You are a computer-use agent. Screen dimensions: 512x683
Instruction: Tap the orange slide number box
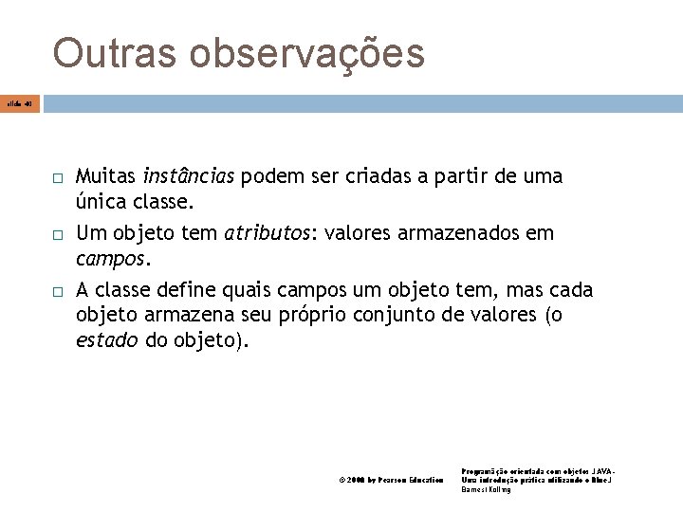tap(20, 101)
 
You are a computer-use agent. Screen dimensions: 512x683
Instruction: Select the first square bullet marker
tap(56, 178)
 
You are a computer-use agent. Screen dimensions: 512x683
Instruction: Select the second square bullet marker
tap(56, 234)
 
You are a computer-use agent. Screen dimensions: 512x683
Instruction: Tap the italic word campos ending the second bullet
tap(111, 258)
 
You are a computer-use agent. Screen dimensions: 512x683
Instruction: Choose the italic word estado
tap(107, 341)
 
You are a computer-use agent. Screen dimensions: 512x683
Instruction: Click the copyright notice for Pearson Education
tap(391, 481)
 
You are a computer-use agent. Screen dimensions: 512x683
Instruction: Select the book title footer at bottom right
tap(537, 480)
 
